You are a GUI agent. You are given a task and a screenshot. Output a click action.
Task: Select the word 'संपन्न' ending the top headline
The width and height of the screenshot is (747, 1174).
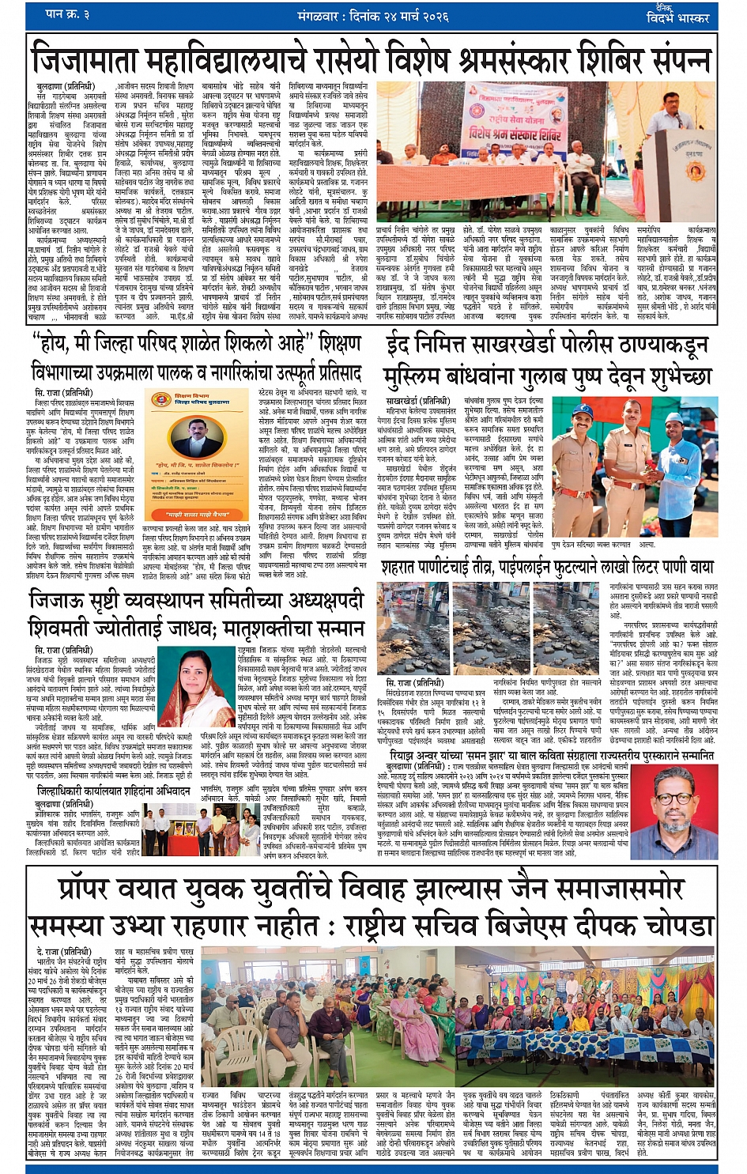click(669, 60)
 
